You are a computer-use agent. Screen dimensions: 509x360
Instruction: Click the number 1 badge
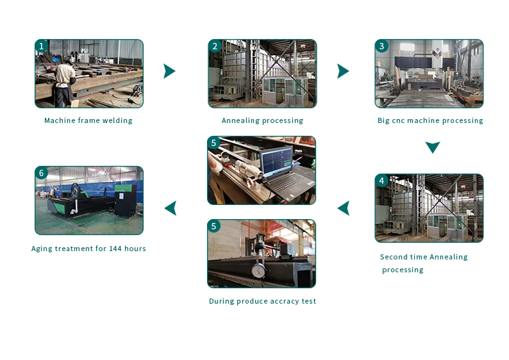click(x=42, y=46)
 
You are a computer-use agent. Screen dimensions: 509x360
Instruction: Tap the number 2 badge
click(x=215, y=46)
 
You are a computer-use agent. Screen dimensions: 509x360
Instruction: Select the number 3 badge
click(x=382, y=46)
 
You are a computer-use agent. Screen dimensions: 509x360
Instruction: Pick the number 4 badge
click(x=382, y=181)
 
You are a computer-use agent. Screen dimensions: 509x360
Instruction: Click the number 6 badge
click(x=42, y=173)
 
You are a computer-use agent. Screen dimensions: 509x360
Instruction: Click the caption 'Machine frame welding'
click(x=88, y=120)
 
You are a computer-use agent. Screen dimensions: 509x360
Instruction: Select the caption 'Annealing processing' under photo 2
click(x=262, y=120)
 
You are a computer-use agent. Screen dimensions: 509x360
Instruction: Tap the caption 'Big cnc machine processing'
click(x=430, y=120)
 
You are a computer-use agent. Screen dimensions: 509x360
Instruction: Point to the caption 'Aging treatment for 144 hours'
click(x=88, y=249)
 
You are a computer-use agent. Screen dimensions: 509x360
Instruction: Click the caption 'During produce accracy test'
click(x=262, y=301)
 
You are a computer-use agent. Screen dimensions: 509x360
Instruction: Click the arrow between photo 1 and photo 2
click(x=169, y=71)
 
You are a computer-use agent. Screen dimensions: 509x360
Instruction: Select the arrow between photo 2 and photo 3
click(x=343, y=71)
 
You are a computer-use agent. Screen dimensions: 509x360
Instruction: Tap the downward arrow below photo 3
click(x=433, y=147)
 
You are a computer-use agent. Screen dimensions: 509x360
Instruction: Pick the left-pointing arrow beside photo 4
click(x=344, y=208)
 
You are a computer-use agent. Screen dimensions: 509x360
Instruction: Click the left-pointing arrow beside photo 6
click(x=171, y=208)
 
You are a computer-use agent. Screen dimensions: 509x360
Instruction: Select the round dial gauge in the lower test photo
click(x=259, y=271)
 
